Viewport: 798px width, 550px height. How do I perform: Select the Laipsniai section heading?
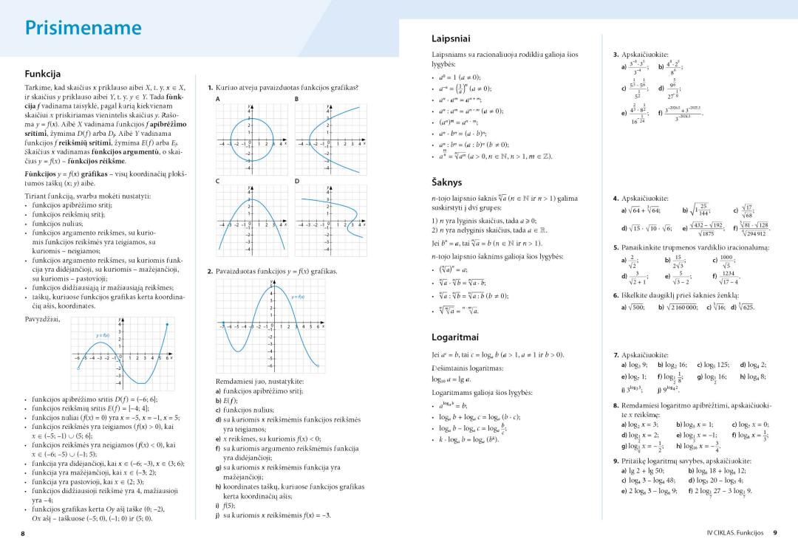tap(451, 38)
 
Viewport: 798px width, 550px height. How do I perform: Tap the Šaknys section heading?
tap(446, 181)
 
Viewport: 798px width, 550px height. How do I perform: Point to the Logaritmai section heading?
tap(455, 337)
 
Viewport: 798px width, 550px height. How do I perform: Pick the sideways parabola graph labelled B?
tap(330, 140)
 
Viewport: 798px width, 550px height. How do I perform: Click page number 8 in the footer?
tap(23, 532)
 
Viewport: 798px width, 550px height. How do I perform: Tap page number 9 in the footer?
tap(774, 532)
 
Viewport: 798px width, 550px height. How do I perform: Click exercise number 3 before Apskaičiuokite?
tap(616, 55)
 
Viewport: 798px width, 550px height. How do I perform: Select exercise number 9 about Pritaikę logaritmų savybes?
tap(616, 460)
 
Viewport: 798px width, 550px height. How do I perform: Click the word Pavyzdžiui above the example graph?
tap(43, 318)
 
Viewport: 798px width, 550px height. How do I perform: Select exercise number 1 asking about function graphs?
tap(211, 87)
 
